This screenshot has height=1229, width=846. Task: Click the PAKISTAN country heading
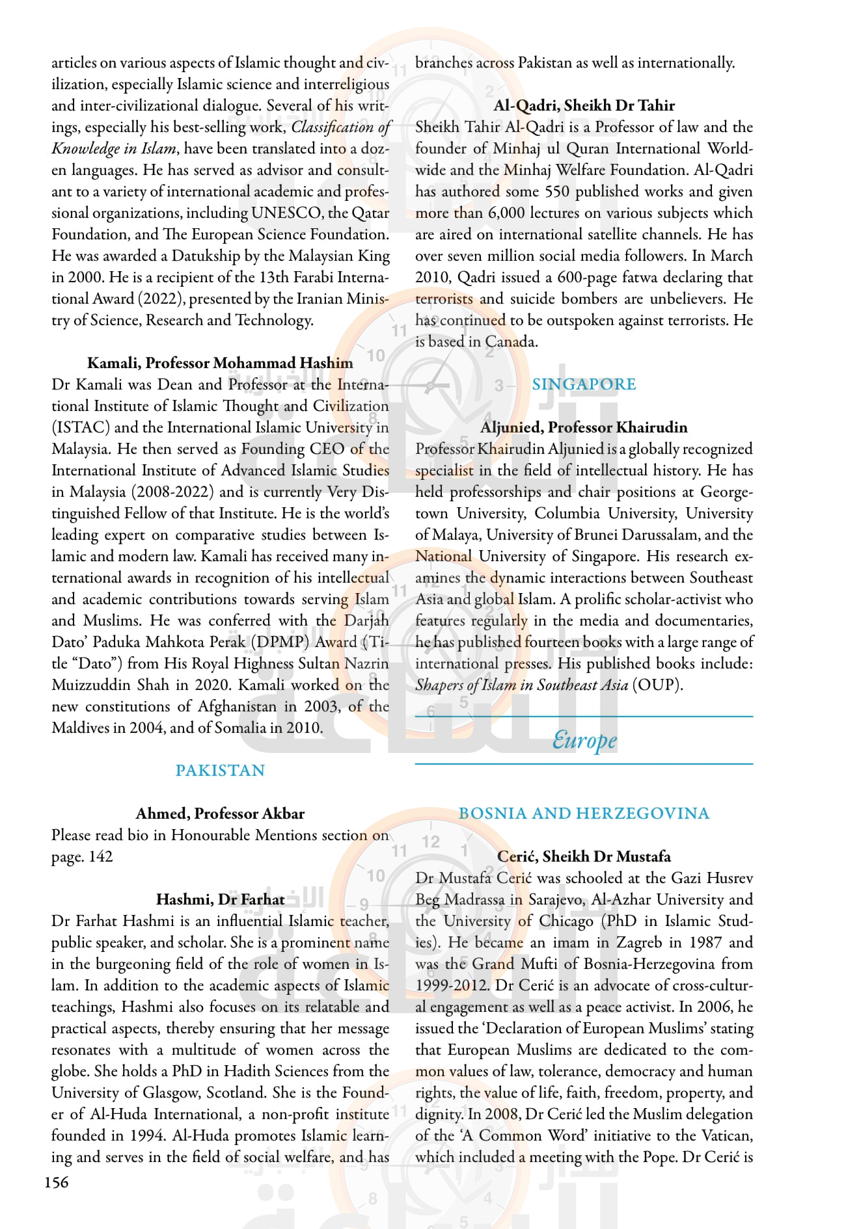click(x=220, y=771)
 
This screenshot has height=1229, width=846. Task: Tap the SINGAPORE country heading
click(x=584, y=384)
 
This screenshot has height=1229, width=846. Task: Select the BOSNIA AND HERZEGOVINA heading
click(x=584, y=813)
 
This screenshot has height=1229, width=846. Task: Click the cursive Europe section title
click(x=584, y=740)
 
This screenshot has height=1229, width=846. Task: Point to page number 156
click(x=56, y=1182)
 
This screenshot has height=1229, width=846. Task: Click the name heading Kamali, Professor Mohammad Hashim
click(x=220, y=363)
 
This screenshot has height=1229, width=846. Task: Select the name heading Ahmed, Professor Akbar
click(x=220, y=813)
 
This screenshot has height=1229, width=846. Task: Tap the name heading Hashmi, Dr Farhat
click(x=220, y=899)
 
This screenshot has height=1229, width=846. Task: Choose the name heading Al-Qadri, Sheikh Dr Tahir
click(x=584, y=105)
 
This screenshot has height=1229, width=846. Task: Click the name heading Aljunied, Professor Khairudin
click(x=584, y=427)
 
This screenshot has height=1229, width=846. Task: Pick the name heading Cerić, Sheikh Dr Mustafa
click(x=584, y=856)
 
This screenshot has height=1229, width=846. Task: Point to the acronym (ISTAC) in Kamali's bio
click(x=81, y=427)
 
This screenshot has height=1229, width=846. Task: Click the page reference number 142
click(x=100, y=856)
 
